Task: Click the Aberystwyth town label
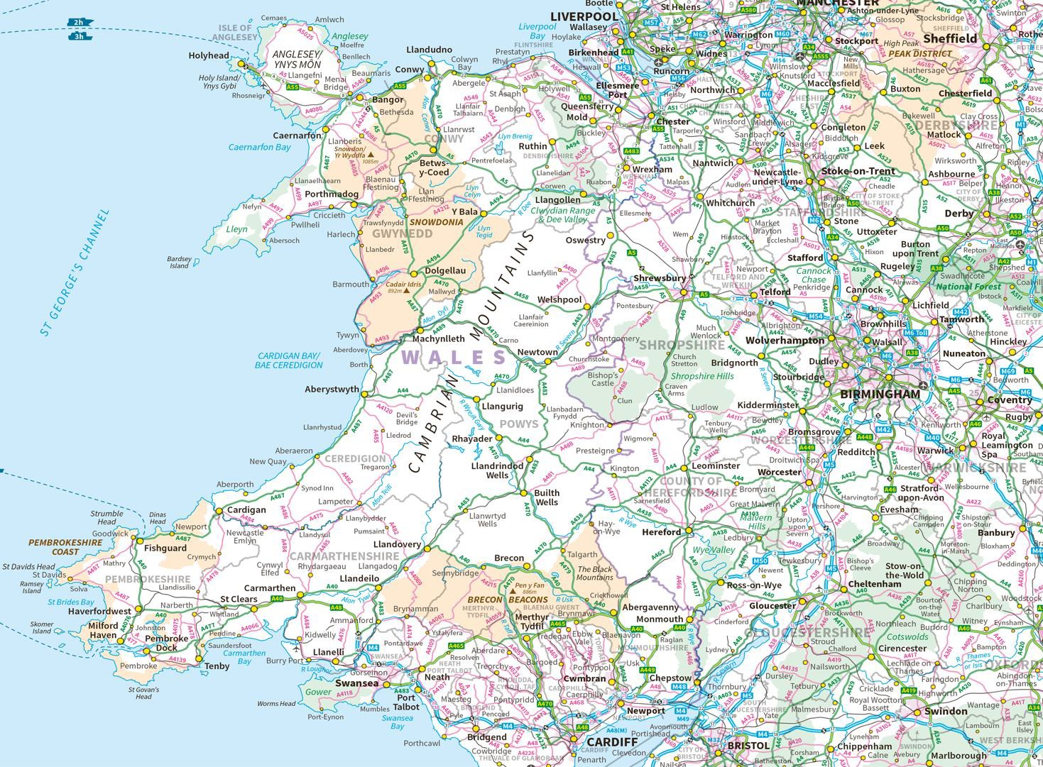point(332,390)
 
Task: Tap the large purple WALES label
point(454,357)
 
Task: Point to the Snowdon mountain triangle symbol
point(370,153)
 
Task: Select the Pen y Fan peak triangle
point(512,590)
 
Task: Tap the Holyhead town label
point(209,55)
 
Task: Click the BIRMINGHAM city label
point(880,394)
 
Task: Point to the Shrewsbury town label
point(660,278)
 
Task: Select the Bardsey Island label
point(179,263)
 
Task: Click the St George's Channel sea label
point(75,272)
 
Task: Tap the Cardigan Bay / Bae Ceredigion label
point(289,360)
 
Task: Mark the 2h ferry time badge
point(78,23)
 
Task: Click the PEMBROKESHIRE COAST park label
point(65,547)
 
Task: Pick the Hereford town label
point(661,531)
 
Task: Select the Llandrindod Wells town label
point(497,470)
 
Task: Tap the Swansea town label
point(356,683)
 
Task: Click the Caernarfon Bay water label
point(259,148)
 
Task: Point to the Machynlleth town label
point(438,339)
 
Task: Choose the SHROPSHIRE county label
point(682,345)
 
